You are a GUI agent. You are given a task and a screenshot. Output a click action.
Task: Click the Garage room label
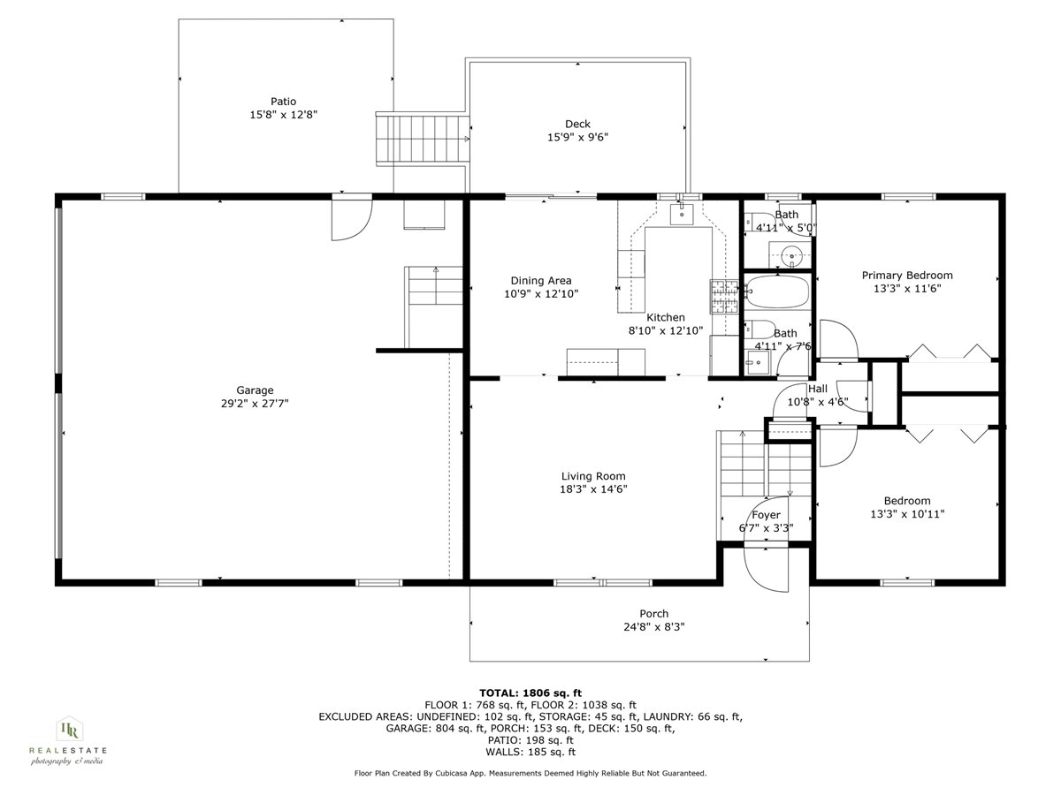[x=255, y=390]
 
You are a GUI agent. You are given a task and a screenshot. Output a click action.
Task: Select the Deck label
[x=577, y=124]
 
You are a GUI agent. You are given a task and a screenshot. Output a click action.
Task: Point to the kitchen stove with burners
[x=722, y=297]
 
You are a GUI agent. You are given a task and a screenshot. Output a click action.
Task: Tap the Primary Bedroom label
[x=907, y=275]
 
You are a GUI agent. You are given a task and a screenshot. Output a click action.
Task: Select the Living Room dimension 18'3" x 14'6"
[x=593, y=489]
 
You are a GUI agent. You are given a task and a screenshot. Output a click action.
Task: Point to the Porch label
[x=653, y=614]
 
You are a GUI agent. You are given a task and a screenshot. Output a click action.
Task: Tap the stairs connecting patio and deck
[x=421, y=139]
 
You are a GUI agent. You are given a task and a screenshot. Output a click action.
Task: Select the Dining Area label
[x=541, y=281]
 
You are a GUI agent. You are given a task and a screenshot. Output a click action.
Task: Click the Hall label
[x=817, y=389]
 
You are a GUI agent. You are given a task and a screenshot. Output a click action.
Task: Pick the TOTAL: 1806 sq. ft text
[x=530, y=693]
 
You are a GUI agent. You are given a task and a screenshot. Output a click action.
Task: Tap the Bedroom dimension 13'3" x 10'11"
[x=907, y=513]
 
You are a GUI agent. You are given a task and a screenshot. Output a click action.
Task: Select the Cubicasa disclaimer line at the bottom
[x=530, y=773]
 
